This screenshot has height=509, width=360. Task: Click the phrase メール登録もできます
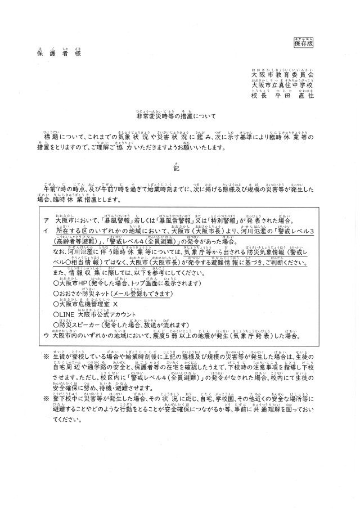point(128,295)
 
